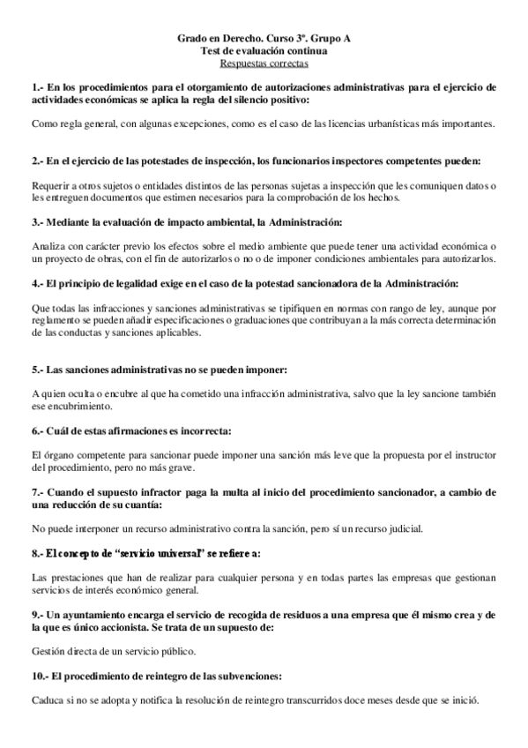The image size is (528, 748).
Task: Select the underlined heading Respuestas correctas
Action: [x=264, y=64]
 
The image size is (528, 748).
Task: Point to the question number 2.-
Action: [x=37, y=162]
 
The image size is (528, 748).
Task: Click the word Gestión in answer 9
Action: [x=48, y=651]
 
